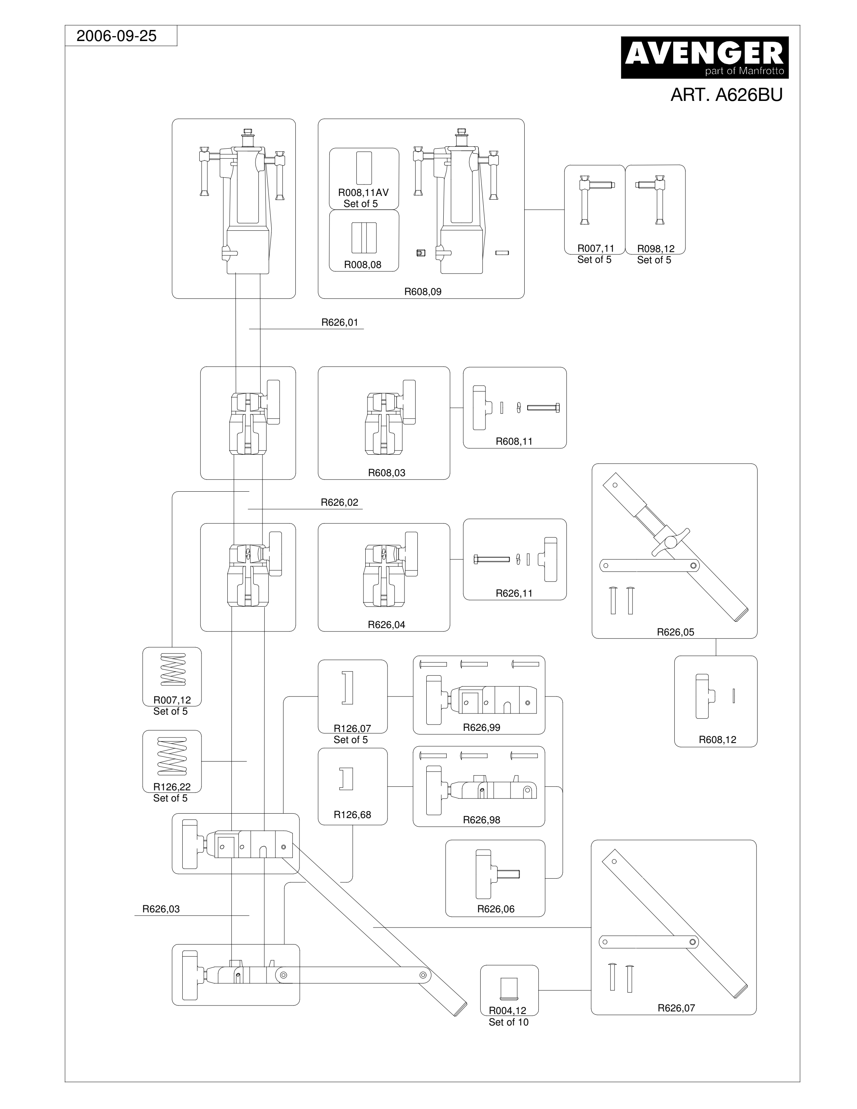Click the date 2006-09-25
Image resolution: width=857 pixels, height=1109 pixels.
[x=116, y=36]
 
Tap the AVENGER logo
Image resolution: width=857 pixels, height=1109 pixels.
[x=705, y=57]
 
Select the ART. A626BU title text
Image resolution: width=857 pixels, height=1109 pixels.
[x=726, y=95]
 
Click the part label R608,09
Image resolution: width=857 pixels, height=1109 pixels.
[x=423, y=291]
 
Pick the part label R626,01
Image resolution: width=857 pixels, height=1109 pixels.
[x=340, y=322]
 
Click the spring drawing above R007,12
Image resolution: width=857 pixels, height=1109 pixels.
[x=173, y=669]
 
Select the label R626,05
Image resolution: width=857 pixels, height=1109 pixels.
[x=675, y=632]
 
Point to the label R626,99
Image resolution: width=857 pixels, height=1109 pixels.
[x=481, y=727]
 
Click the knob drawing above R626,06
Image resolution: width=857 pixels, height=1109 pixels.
[x=497, y=874]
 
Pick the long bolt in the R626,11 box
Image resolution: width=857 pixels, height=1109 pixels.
[x=491, y=559]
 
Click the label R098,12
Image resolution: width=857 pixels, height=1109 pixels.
[x=656, y=249]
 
